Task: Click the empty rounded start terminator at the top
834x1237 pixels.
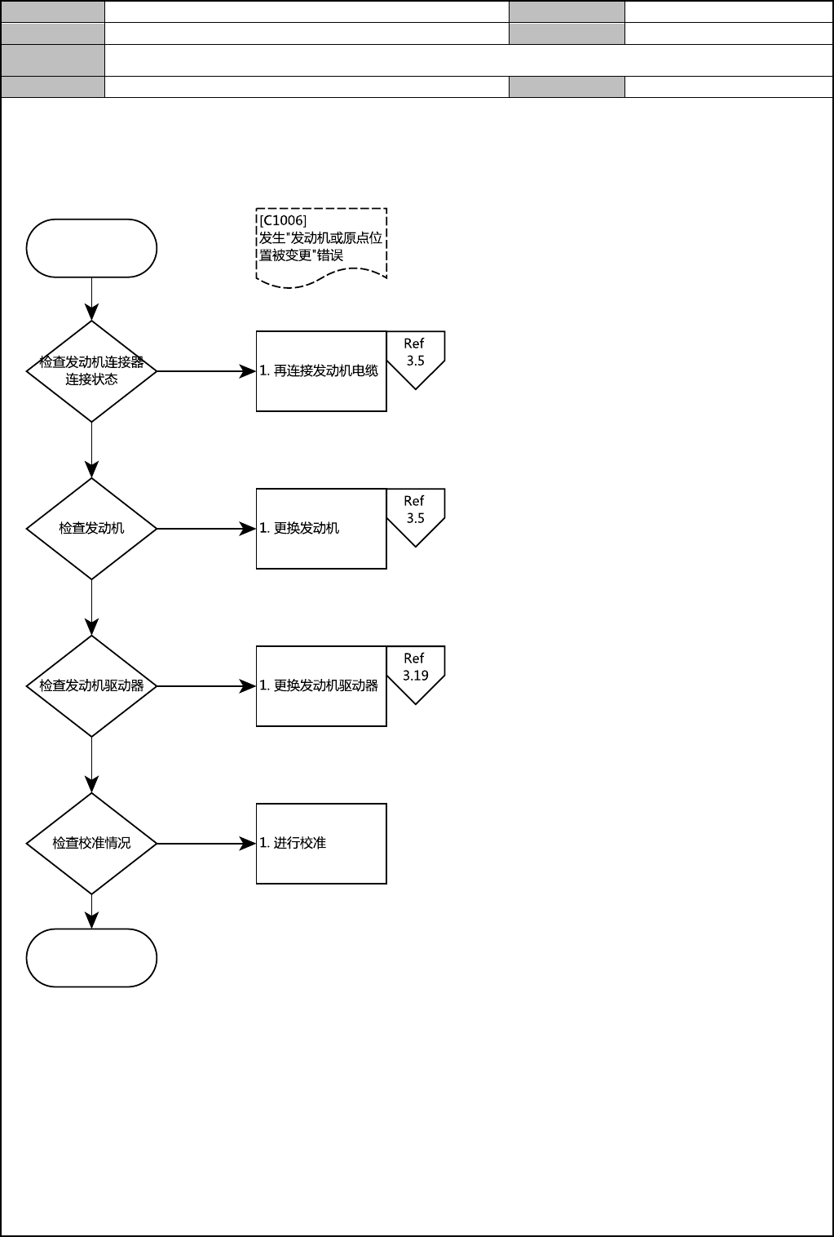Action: [x=91, y=248]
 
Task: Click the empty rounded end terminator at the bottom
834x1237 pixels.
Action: [x=91, y=958]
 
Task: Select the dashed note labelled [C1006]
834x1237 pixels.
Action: [x=321, y=245]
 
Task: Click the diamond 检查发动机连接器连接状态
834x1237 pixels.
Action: [x=91, y=371]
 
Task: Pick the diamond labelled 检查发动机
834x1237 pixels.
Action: [x=91, y=529]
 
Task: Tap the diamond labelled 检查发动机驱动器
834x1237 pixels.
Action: [x=91, y=686]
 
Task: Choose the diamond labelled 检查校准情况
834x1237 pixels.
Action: [x=91, y=844]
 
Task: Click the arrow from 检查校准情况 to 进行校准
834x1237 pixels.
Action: [x=205, y=844]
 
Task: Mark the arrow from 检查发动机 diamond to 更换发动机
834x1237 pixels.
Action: [x=205, y=529]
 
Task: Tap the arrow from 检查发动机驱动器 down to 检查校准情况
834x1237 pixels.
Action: [x=91, y=765]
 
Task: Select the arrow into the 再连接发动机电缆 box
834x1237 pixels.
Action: [x=205, y=371]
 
